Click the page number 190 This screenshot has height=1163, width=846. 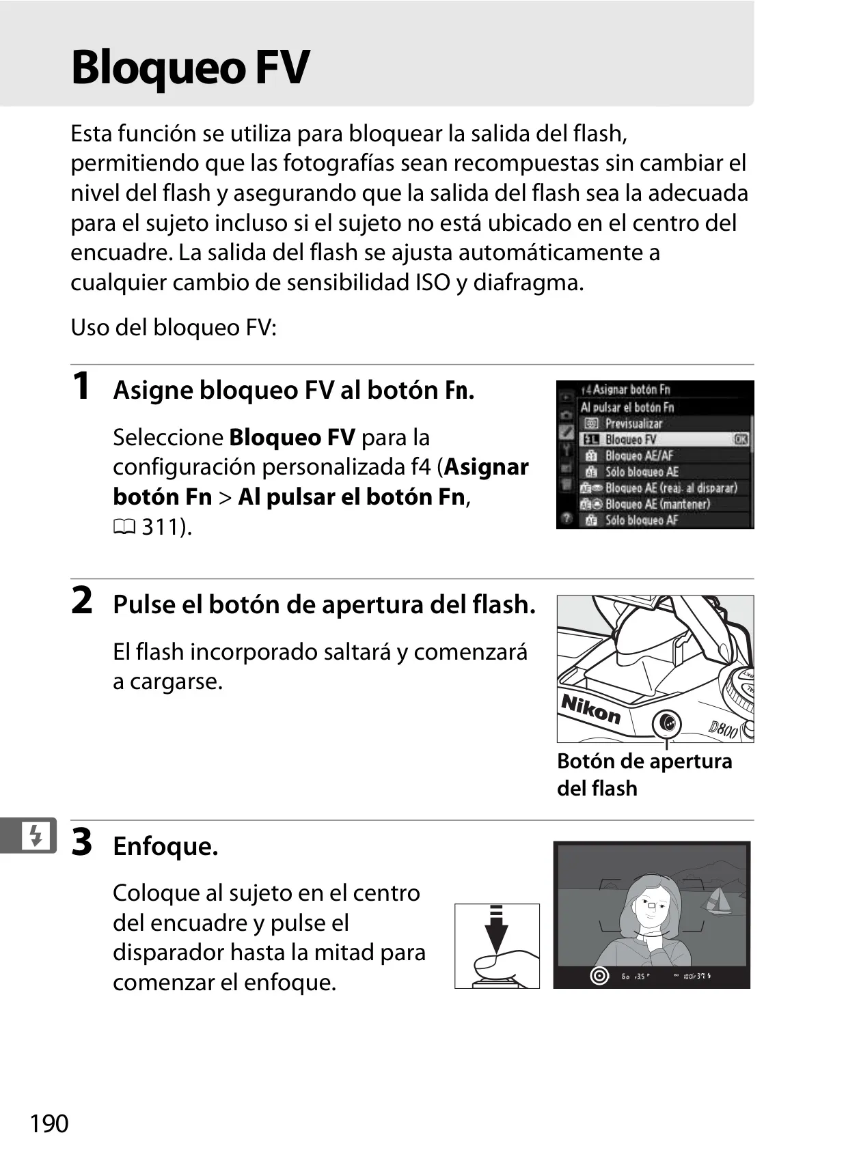[49, 1123]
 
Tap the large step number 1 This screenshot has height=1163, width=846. [81, 386]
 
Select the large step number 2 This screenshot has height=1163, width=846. [81, 600]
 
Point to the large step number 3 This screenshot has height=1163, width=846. [81, 841]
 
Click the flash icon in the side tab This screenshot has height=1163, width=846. [36, 836]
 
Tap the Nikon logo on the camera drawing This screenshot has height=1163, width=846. [591, 708]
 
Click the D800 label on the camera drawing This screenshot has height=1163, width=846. [724, 729]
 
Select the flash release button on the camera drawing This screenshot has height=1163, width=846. [667, 723]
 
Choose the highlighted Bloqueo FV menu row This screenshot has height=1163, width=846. [665, 439]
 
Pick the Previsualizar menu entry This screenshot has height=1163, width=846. [633, 423]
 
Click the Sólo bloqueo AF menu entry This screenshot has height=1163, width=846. [641, 520]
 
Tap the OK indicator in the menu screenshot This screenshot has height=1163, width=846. [741, 439]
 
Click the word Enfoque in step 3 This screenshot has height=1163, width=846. [165, 846]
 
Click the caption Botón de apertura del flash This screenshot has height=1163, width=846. [644, 774]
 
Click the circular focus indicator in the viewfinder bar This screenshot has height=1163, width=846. [599, 976]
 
